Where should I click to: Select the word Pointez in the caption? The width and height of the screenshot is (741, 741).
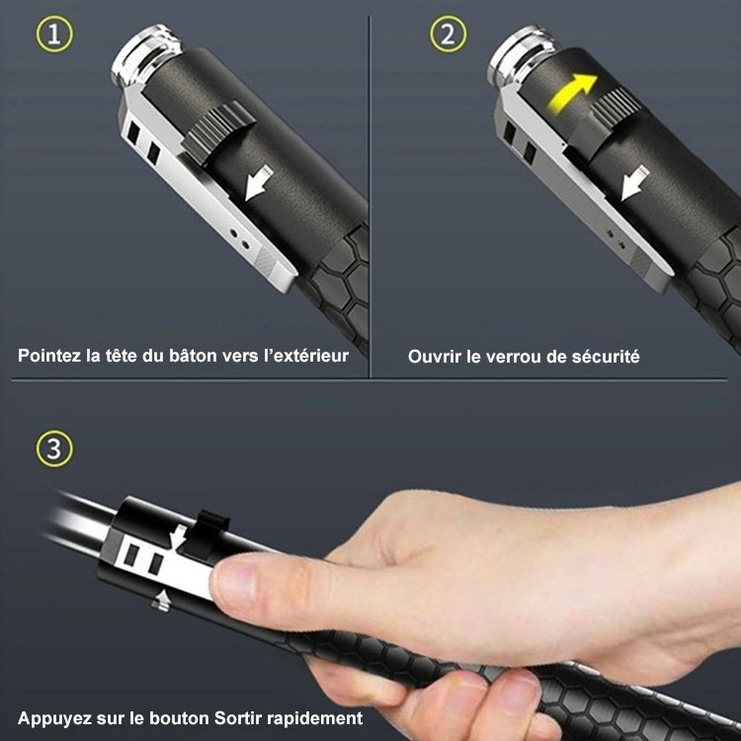tap(49, 356)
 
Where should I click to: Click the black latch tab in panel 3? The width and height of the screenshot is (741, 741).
tap(212, 529)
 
